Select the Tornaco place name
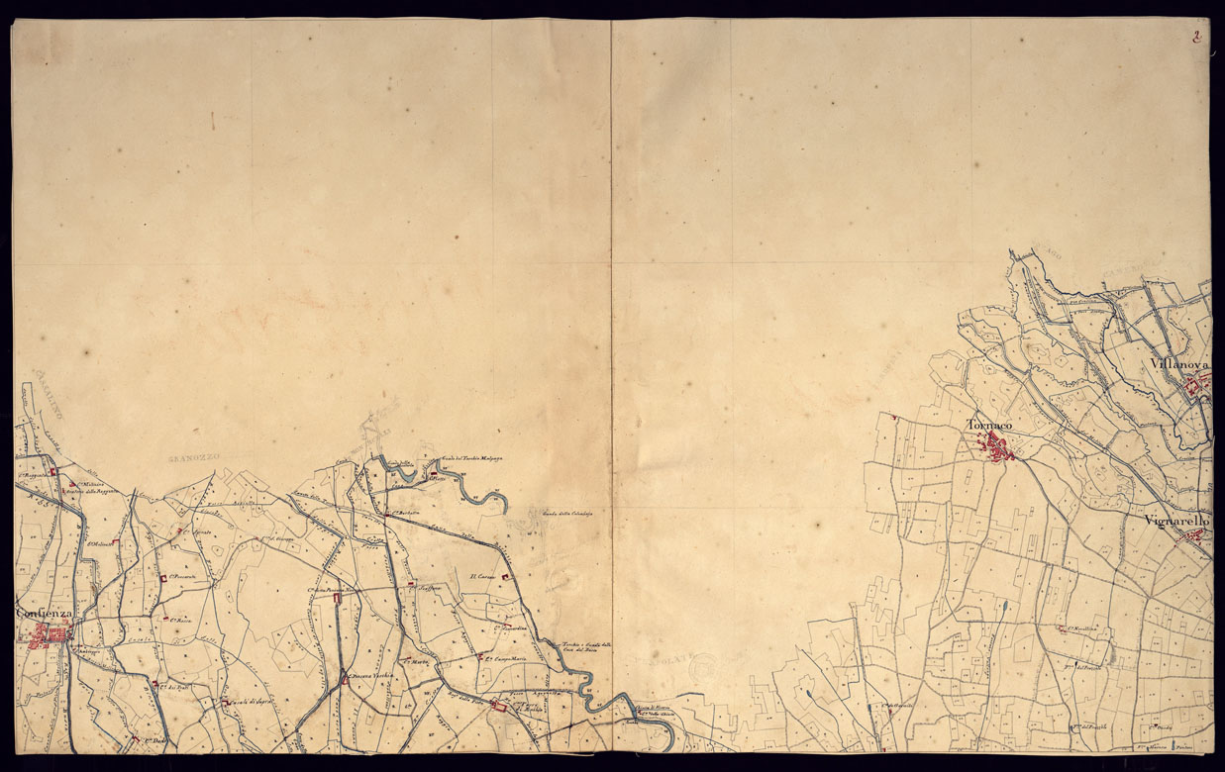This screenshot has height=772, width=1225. (989, 425)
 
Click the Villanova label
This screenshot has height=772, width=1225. (1180, 365)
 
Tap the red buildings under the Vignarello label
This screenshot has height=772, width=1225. (1194, 537)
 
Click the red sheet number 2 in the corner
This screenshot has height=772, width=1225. (1197, 38)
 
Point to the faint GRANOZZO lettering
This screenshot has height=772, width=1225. (193, 457)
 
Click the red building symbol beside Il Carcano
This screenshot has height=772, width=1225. (506, 577)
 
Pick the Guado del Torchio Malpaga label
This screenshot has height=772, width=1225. (473, 458)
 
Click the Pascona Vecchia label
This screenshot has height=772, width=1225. (370, 677)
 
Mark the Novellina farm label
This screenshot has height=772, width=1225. (1079, 628)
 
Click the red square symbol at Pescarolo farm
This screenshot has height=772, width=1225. (162, 579)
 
